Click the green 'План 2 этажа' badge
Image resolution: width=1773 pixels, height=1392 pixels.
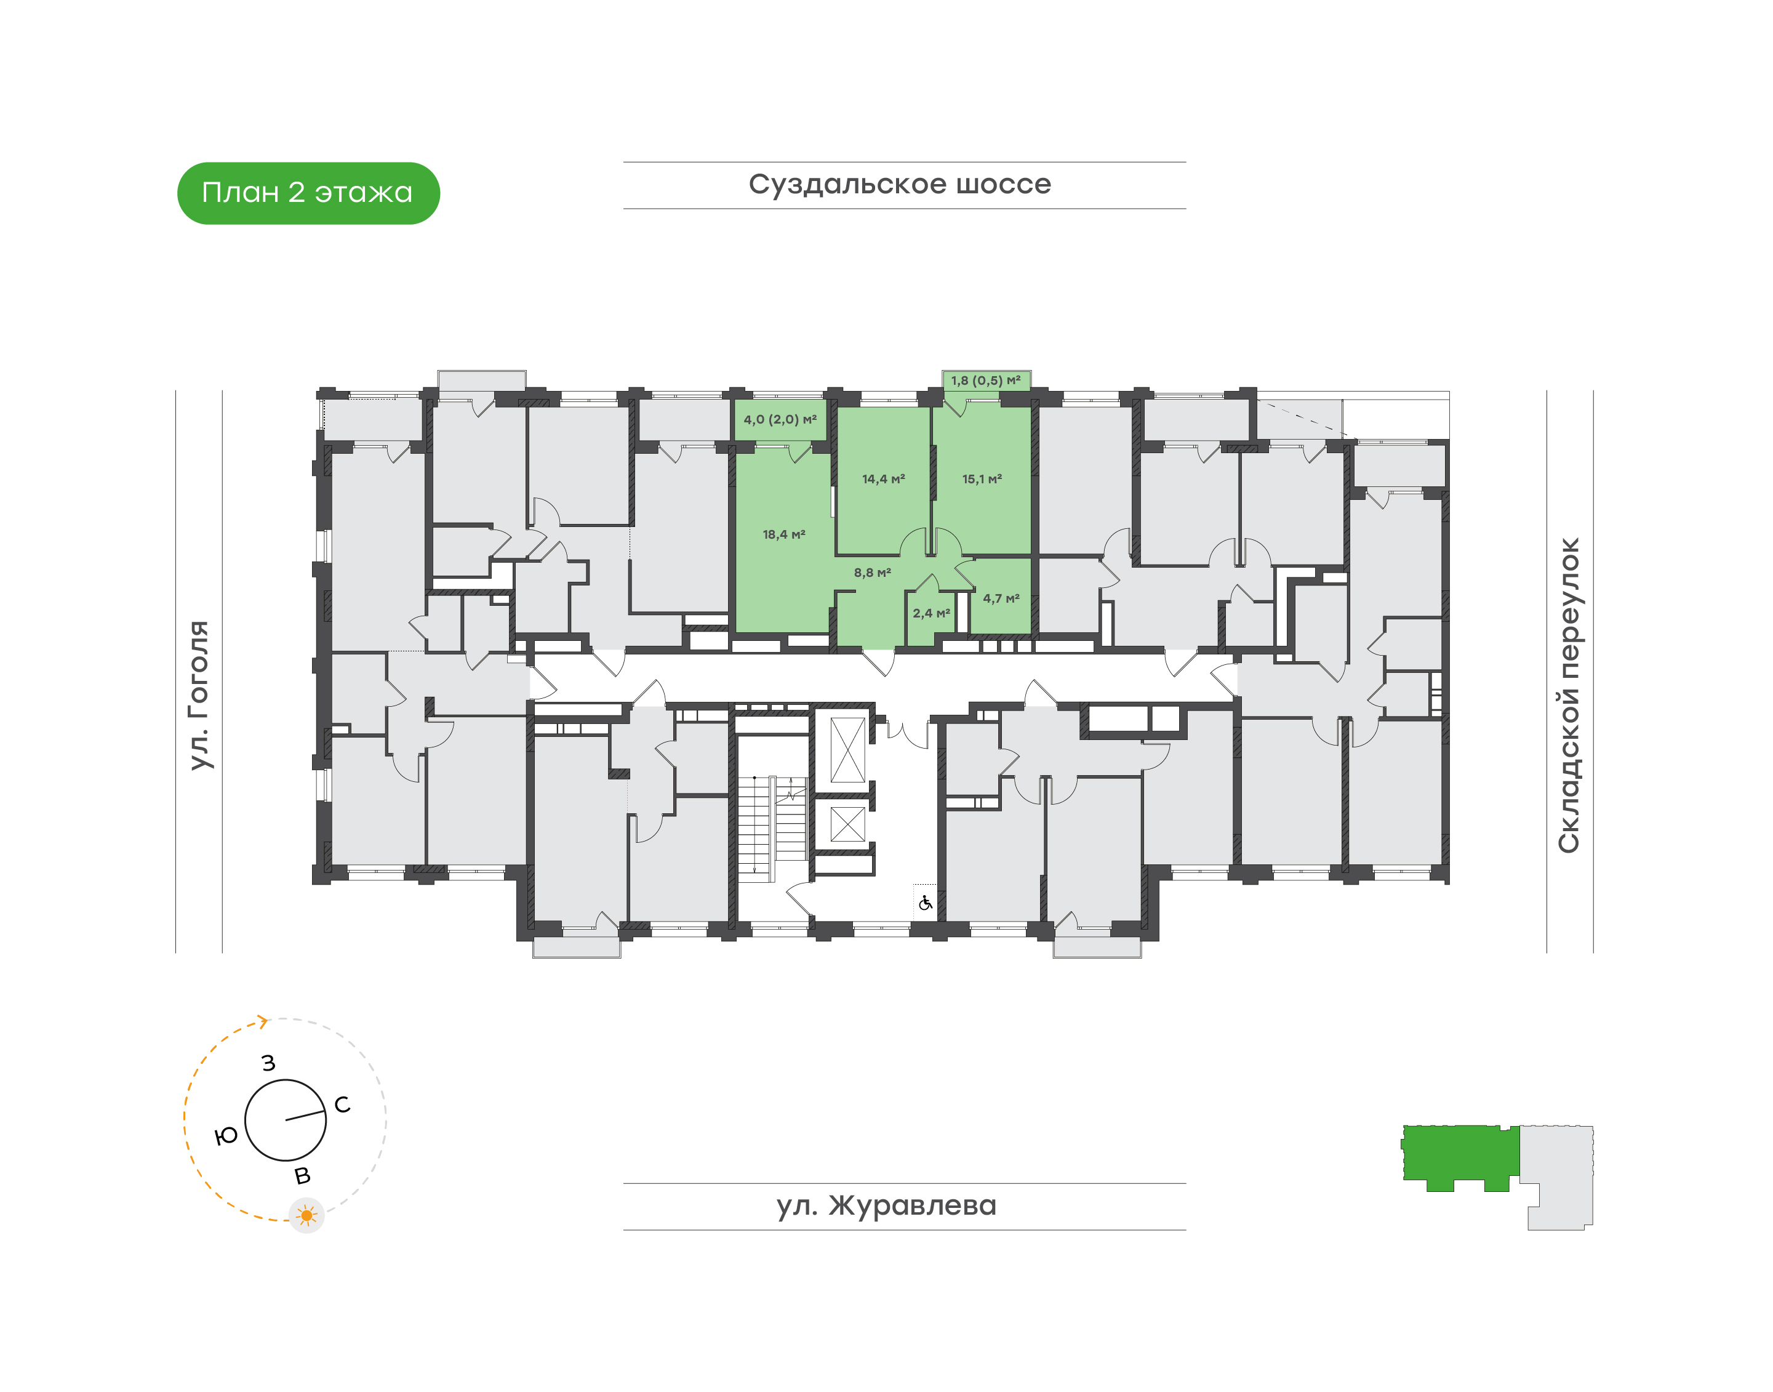click(x=308, y=193)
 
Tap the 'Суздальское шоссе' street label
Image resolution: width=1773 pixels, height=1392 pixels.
click(x=900, y=185)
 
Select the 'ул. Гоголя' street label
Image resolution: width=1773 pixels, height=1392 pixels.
click(x=199, y=695)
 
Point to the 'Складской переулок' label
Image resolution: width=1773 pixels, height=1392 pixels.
click(x=1569, y=695)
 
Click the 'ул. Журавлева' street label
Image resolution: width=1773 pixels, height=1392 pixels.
click(x=886, y=1205)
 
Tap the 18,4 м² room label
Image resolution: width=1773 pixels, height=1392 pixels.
click(x=784, y=534)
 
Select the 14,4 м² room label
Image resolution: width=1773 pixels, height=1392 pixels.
click(x=883, y=479)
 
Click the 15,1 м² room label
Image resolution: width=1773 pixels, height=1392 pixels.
click(x=982, y=479)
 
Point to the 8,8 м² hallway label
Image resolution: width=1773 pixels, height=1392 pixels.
click(x=872, y=573)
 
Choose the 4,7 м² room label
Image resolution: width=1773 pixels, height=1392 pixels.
click(x=1001, y=598)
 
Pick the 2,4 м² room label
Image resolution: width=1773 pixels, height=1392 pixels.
click(x=931, y=613)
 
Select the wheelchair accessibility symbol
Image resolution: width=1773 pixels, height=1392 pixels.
click(x=925, y=903)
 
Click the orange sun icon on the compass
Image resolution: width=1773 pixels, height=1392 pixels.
click(x=306, y=1216)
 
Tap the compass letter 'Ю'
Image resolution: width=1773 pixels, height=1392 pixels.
click(x=226, y=1136)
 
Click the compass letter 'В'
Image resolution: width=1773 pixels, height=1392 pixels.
click(x=302, y=1176)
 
